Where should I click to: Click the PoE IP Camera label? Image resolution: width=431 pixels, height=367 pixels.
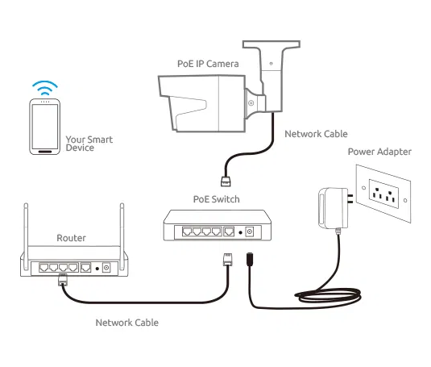208,64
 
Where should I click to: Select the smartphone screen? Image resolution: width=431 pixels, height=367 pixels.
45,127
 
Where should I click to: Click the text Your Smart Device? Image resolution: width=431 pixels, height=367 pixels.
89,144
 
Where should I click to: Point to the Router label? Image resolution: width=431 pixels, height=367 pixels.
71,238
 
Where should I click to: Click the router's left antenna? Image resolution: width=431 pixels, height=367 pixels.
26,236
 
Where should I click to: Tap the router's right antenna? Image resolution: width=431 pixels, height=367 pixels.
122,236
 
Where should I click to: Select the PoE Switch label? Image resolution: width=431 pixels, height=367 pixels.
217,199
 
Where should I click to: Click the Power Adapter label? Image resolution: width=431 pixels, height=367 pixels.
379,152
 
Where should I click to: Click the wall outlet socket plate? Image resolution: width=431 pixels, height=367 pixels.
383,194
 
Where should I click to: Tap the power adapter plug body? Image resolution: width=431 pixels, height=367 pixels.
334,208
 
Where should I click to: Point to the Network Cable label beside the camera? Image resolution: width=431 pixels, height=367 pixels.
316,134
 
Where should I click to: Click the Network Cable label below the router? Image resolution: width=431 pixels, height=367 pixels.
127,323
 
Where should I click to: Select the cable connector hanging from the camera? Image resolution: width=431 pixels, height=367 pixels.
226,181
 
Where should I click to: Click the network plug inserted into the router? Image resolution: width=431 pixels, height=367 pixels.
63,280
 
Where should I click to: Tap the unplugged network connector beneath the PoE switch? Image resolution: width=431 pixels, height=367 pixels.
228,259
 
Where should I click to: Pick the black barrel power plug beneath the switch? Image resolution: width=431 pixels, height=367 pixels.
250,259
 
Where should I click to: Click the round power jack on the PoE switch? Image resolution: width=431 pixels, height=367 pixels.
249,232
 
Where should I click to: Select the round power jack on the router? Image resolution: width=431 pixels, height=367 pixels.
106,268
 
